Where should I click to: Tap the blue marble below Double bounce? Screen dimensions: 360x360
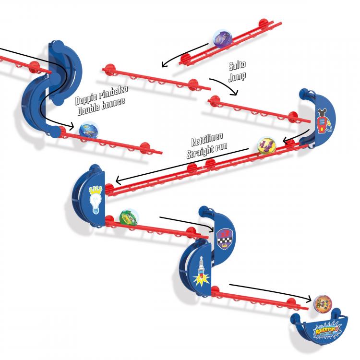point(89,130)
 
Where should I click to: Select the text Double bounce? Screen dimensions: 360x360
point(100,103)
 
